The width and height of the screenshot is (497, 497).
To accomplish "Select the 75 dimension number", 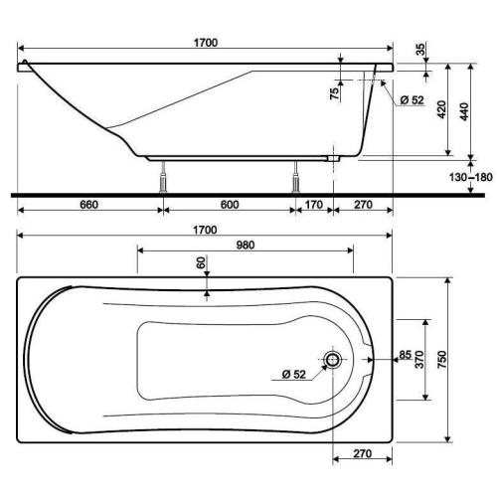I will pyautogui.click(x=335, y=92).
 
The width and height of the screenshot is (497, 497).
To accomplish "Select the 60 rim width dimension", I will pyautogui.click(x=200, y=264).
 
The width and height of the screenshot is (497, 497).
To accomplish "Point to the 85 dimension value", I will pyautogui.click(x=407, y=354).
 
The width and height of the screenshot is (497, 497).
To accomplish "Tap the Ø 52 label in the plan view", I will pyautogui.click(x=292, y=374).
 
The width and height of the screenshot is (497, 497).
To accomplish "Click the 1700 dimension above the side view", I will pyautogui.click(x=204, y=43).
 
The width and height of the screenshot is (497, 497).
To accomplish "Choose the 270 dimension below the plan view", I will pyautogui.click(x=362, y=455).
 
